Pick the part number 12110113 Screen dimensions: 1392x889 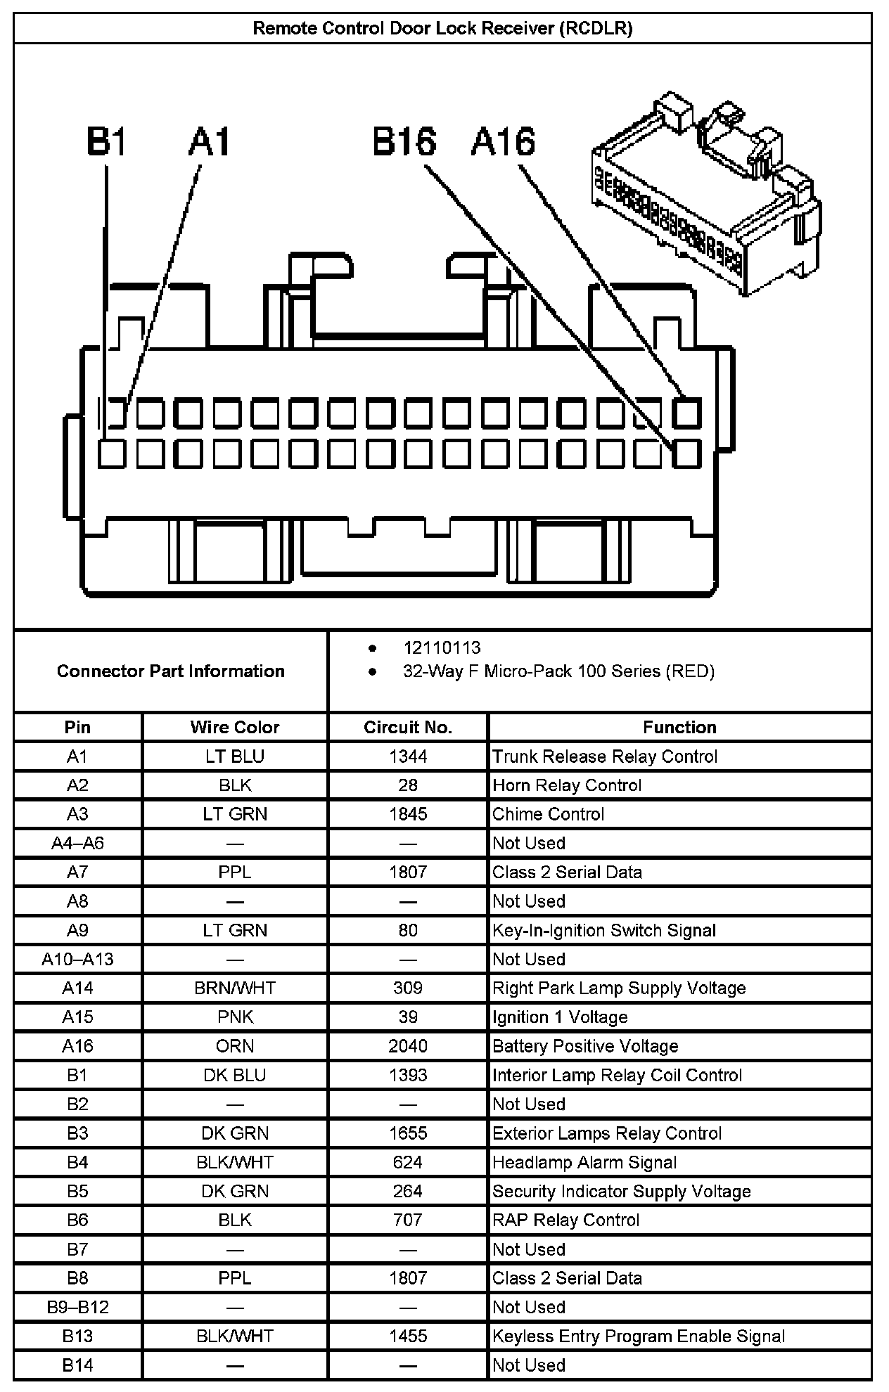pyautogui.click(x=442, y=647)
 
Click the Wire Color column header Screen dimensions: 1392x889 pyautogui.click(x=235, y=727)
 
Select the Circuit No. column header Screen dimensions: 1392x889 pyautogui.click(x=407, y=727)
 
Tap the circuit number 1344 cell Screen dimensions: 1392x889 pyautogui.click(x=407, y=756)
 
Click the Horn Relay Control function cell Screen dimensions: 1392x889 pyautogui.click(x=567, y=785)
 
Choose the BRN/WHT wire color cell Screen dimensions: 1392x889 pyautogui.click(x=235, y=988)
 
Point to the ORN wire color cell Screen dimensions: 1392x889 pyautogui.click(x=235, y=1046)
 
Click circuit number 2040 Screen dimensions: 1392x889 pyautogui.click(x=407, y=1046)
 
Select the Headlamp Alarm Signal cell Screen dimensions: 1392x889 pyautogui.click(x=584, y=1162)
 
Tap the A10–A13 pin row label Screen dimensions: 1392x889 pyautogui.click(x=77, y=959)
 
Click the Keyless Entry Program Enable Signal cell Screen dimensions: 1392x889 pyautogui.click(x=639, y=1336)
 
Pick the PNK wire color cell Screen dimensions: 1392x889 pyautogui.click(x=235, y=1017)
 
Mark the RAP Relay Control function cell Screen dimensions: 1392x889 pyautogui.click(x=566, y=1220)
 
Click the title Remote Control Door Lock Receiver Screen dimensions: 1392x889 pyautogui.click(x=442, y=28)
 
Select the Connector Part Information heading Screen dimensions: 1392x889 pyautogui.click(x=171, y=671)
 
